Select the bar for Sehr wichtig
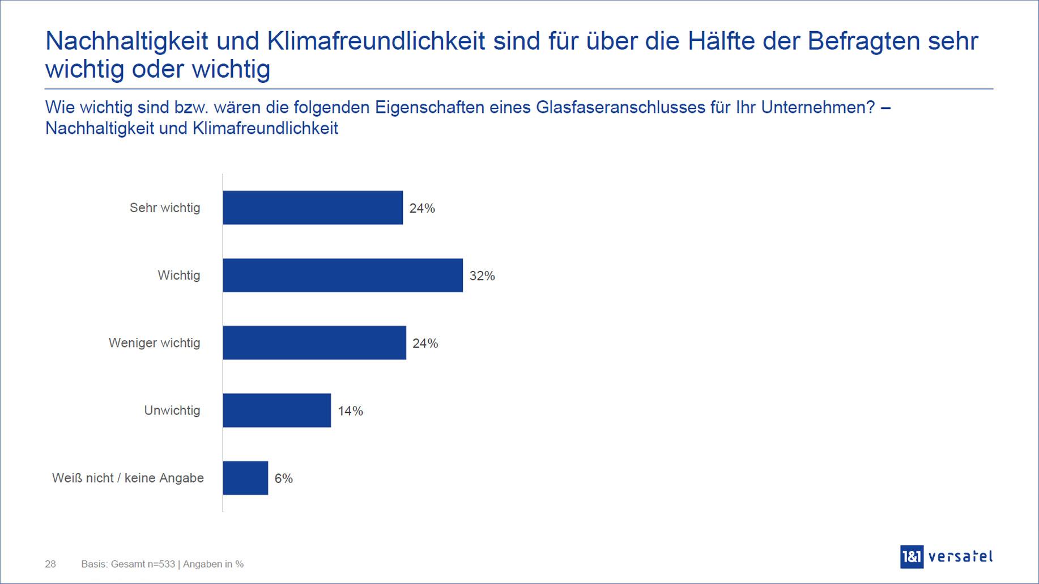click(x=313, y=208)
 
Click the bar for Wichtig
click(x=343, y=276)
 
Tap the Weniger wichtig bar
click(x=314, y=343)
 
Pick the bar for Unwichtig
click(x=276, y=411)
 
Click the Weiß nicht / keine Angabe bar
click(x=245, y=478)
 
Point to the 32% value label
click(x=482, y=276)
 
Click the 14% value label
click(x=350, y=411)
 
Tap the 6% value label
click(x=283, y=479)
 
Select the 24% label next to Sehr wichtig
click(x=422, y=209)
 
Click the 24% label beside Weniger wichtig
click(x=425, y=344)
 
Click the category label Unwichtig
click(x=172, y=411)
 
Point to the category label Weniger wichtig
click(x=154, y=343)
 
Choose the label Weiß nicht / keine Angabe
click(x=128, y=478)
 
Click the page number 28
click(x=50, y=564)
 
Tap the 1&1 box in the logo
click(x=912, y=557)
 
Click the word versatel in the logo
click(x=961, y=557)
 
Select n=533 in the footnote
click(x=159, y=564)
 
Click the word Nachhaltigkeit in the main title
click(x=126, y=41)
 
